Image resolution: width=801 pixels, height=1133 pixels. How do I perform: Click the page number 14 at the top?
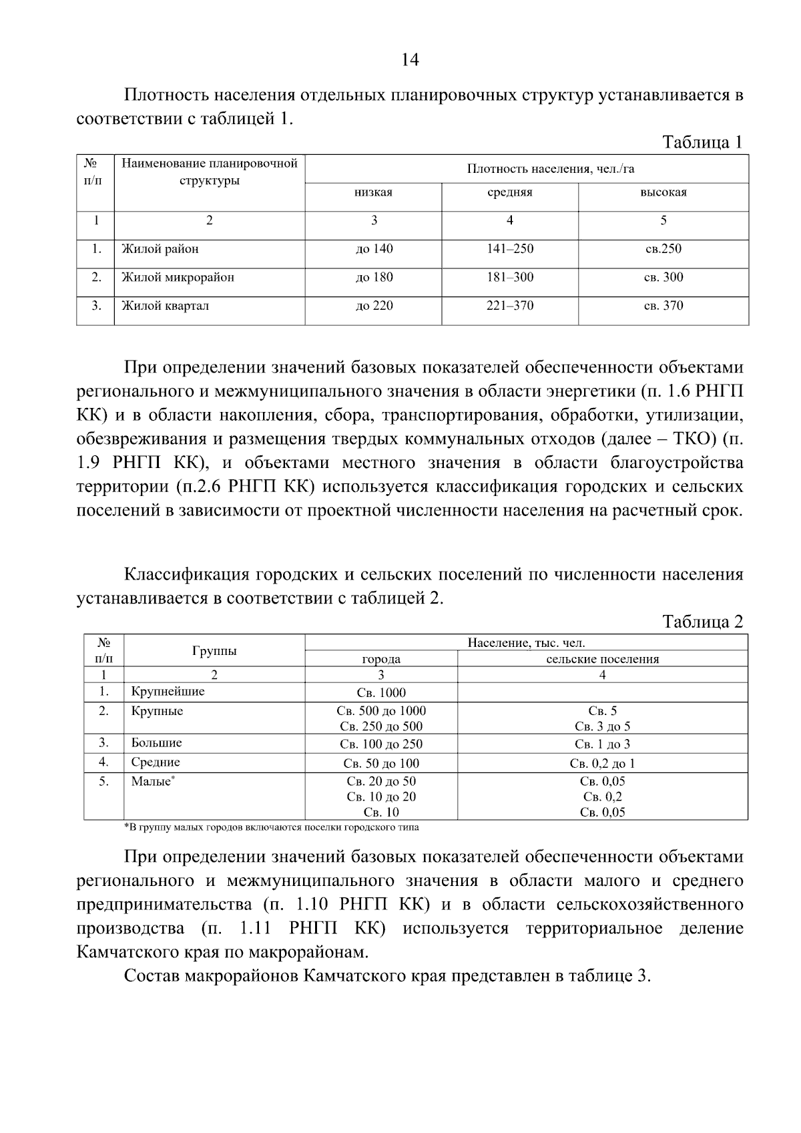tap(409, 61)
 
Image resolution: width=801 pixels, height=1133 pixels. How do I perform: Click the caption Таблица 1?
tap(702, 142)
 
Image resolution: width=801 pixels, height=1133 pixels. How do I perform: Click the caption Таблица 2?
tap(702, 622)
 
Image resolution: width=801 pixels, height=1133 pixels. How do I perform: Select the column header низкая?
tap(373, 193)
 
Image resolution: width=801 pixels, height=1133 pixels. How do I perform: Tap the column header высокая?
tap(663, 193)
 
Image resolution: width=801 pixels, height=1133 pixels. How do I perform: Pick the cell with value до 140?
tap(374, 249)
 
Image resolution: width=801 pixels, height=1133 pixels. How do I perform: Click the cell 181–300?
tap(509, 277)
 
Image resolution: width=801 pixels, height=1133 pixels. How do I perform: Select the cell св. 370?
tap(663, 306)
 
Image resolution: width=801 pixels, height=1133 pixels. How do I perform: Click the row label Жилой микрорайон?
tap(178, 277)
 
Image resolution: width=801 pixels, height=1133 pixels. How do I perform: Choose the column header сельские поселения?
tap(602, 659)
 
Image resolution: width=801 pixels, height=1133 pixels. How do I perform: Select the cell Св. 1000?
tap(381, 693)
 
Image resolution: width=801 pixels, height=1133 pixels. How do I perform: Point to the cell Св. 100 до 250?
tap(381, 744)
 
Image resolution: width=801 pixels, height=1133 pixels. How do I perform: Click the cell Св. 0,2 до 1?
tap(602, 764)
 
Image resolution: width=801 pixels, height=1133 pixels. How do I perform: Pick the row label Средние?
tap(156, 762)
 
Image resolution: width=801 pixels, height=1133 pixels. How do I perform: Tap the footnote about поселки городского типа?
tap(272, 827)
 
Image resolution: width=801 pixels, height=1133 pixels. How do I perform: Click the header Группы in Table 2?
tap(214, 651)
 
